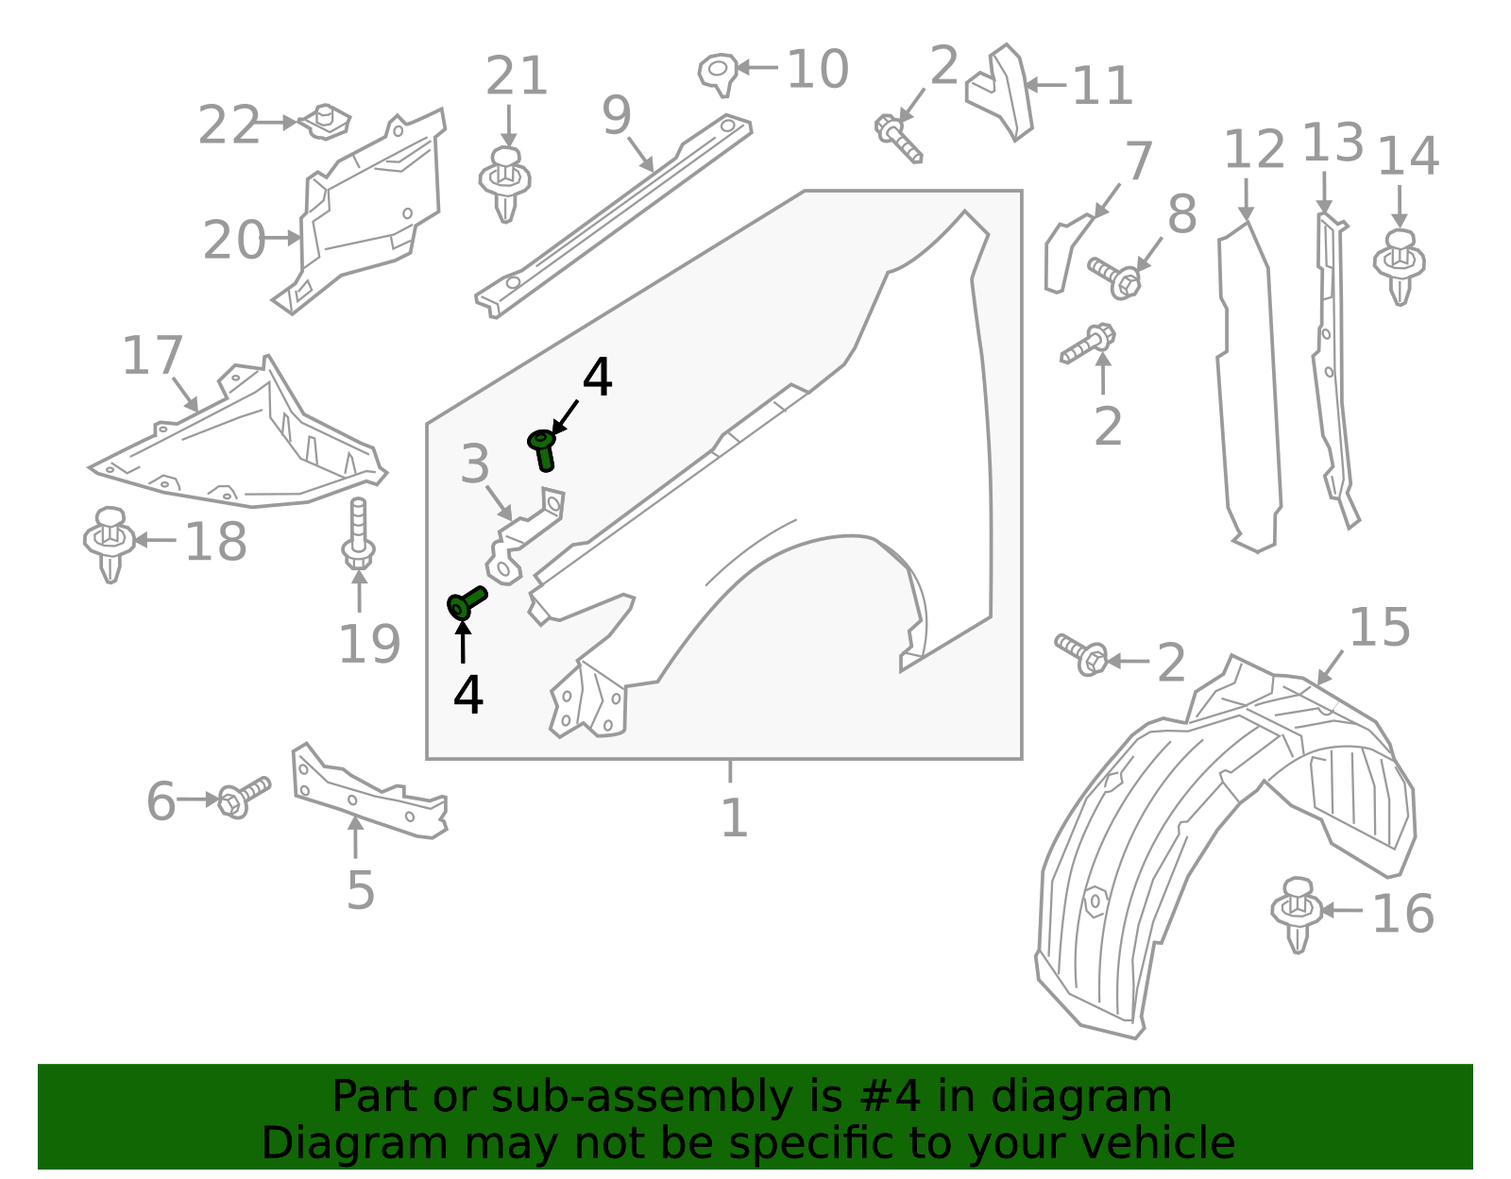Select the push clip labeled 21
[505, 183]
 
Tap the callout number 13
[1333, 143]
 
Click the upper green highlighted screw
[542, 447]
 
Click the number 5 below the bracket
[360, 888]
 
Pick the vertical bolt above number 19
[358, 533]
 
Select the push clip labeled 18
[110, 542]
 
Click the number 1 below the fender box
[734, 817]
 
